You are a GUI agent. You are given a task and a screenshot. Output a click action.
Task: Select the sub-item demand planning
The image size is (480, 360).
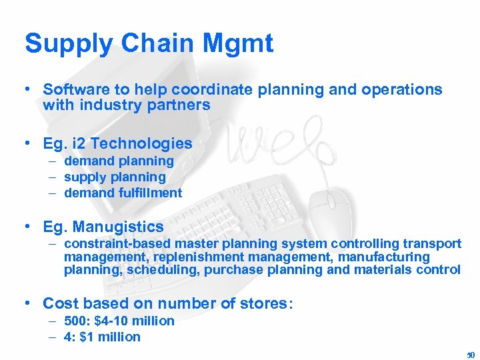(119, 161)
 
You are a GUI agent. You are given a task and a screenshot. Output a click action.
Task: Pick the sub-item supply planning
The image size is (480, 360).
(115, 177)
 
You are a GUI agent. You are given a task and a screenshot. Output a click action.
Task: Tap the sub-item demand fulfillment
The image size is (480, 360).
(123, 193)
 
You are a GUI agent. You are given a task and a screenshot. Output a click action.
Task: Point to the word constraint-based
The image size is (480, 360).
(110, 243)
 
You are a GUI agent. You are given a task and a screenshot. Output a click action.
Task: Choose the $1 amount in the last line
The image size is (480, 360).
(87, 337)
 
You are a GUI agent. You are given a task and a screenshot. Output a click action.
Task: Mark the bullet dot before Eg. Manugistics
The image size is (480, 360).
(28, 227)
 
